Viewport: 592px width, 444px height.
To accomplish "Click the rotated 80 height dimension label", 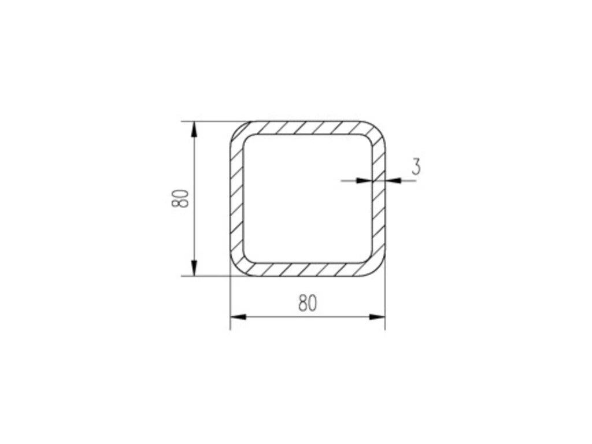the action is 180,199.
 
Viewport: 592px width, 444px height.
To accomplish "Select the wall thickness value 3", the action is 416,167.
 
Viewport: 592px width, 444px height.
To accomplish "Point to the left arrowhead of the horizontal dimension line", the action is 238,317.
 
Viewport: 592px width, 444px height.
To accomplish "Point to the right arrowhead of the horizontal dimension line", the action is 377,317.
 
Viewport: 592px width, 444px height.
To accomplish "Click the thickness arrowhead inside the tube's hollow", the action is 364,181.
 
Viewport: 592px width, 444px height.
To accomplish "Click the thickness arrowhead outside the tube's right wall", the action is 393,181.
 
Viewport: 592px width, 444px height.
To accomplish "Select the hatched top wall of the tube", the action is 308,128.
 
